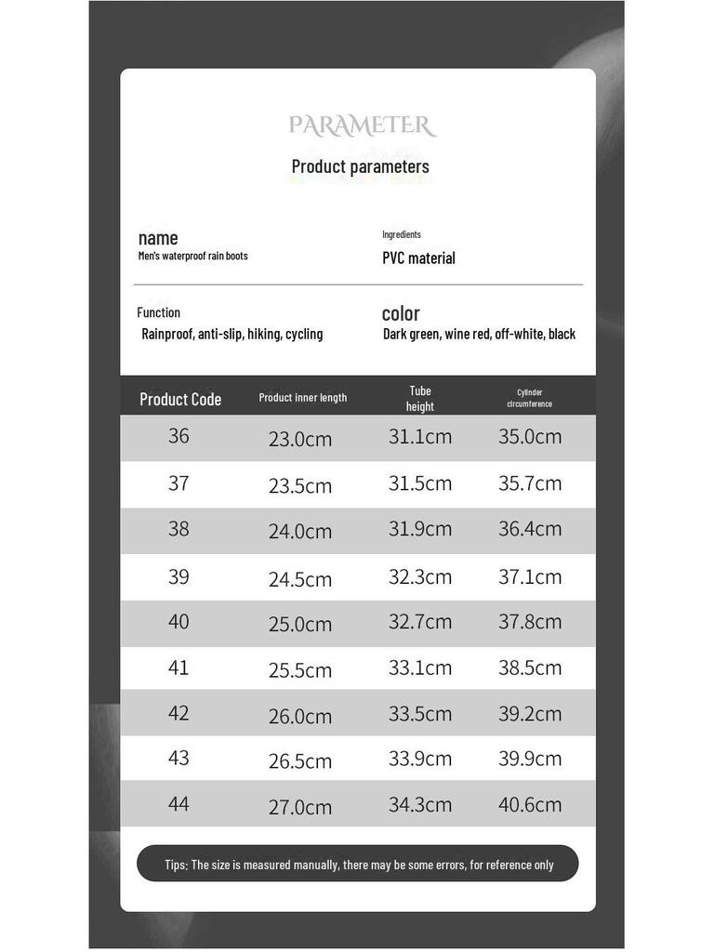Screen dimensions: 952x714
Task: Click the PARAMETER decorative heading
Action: [362, 126]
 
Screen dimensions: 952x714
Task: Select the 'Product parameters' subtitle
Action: [361, 166]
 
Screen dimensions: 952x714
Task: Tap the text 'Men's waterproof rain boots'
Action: [193, 256]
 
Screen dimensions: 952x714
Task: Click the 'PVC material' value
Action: [418, 258]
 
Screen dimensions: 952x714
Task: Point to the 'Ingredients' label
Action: [402, 234]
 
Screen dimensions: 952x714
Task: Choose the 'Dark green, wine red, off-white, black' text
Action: [479, 334]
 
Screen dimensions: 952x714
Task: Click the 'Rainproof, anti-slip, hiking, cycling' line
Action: [232, 334]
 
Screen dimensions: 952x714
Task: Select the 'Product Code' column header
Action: [180, 399]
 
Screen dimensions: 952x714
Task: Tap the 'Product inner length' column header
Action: [303, 398]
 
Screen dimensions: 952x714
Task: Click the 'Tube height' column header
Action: [420, 398]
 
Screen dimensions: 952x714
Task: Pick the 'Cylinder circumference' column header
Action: [530, 398]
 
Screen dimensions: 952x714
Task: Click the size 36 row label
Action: [178, 435]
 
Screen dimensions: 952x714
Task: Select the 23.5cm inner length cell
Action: [300, 485]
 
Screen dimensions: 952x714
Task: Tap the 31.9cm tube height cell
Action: [420, 528]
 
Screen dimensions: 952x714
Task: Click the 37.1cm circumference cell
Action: [530, 576]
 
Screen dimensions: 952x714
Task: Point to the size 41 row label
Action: [178, 667]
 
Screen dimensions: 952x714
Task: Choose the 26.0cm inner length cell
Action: [300, 716]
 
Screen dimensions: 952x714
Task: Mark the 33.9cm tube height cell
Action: [420, 758]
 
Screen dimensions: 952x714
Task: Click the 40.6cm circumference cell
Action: [530, 803]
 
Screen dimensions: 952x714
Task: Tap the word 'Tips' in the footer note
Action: [176, 865]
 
